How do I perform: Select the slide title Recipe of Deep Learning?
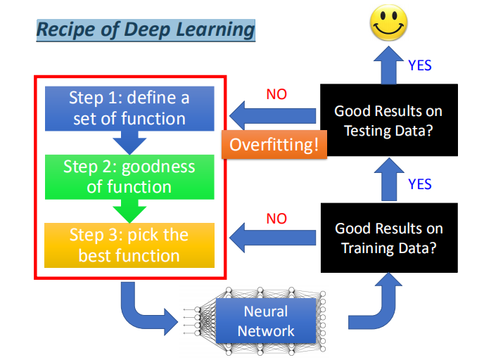coord(146,30)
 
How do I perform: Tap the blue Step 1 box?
coord(129,108)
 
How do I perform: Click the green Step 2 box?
coord(129,176)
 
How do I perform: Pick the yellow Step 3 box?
coord(129,245)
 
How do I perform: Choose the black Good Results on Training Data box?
coord(388,238)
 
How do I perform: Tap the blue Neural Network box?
coord(266,321)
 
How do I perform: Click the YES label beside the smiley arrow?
coord(420,66)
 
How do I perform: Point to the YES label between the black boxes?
coord(420,184)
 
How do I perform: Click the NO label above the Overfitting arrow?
coord(276,94)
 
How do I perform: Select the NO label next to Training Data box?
coord(276,219)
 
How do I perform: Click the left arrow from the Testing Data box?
coord(274,115)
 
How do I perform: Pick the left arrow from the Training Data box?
coord(274,238)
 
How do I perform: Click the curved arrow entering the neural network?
coord(144,309)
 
